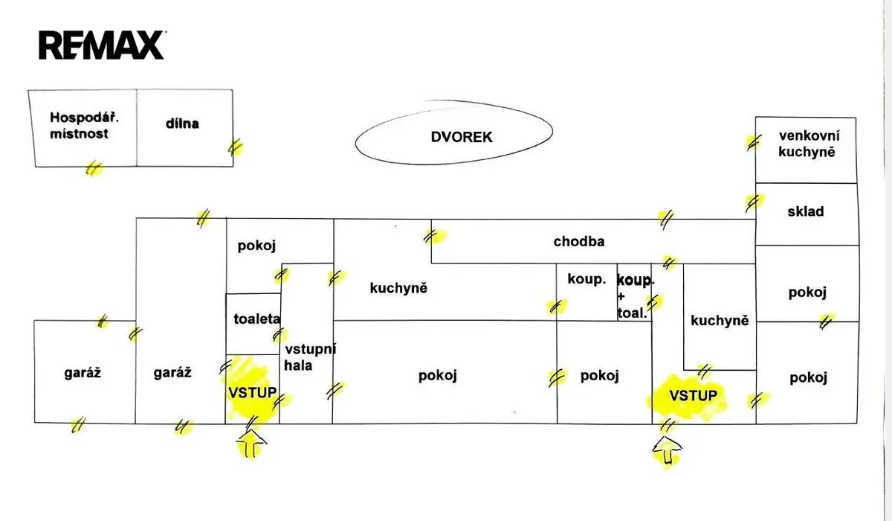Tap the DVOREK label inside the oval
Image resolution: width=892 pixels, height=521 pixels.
(462, 137)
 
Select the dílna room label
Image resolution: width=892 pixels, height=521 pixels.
(182, 124)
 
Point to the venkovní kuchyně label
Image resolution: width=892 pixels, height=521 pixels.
(809, 144)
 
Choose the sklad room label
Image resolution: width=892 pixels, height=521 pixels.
(806, 211)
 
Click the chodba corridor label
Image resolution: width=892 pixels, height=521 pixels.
(579, 241)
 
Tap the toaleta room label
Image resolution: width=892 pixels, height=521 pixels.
(257, 319)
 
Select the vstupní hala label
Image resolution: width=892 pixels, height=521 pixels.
(310, 357)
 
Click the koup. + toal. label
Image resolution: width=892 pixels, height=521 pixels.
(636, 296)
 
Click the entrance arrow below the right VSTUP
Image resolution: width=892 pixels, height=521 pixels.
(668, 450)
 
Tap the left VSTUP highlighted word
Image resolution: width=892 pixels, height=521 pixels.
(253, 393)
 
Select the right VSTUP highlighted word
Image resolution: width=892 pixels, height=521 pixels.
(694, 395)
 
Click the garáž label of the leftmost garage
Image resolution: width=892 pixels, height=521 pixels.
(83, 373)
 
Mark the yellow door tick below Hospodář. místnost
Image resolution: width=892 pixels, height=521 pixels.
(94, 169)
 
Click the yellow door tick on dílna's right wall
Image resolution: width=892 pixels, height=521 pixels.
(236, 147)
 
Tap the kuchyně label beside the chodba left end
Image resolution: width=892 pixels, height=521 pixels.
(398, 288)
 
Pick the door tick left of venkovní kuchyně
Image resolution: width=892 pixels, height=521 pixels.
(754, 143)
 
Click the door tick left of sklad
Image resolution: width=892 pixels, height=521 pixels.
(754, 203)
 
